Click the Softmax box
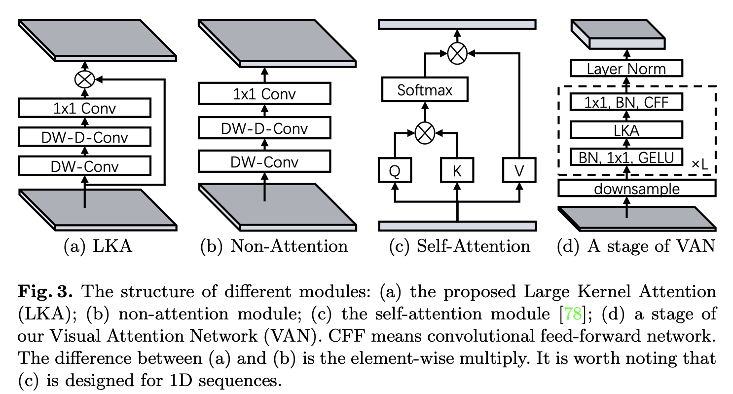tap(424, 91)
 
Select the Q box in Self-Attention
tap(394, 170)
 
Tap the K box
tap(457, 170)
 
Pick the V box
tap(519, 170)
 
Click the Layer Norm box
tap(626, 68)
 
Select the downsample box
tap(636, 189)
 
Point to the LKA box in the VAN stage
tap(626, 130)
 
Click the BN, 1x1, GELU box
tap(626, 158)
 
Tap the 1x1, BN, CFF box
tap(626, 102)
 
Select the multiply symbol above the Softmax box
tap(457, 52)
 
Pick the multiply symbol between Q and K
tap(425, 133)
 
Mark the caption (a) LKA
tap(98, 246)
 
